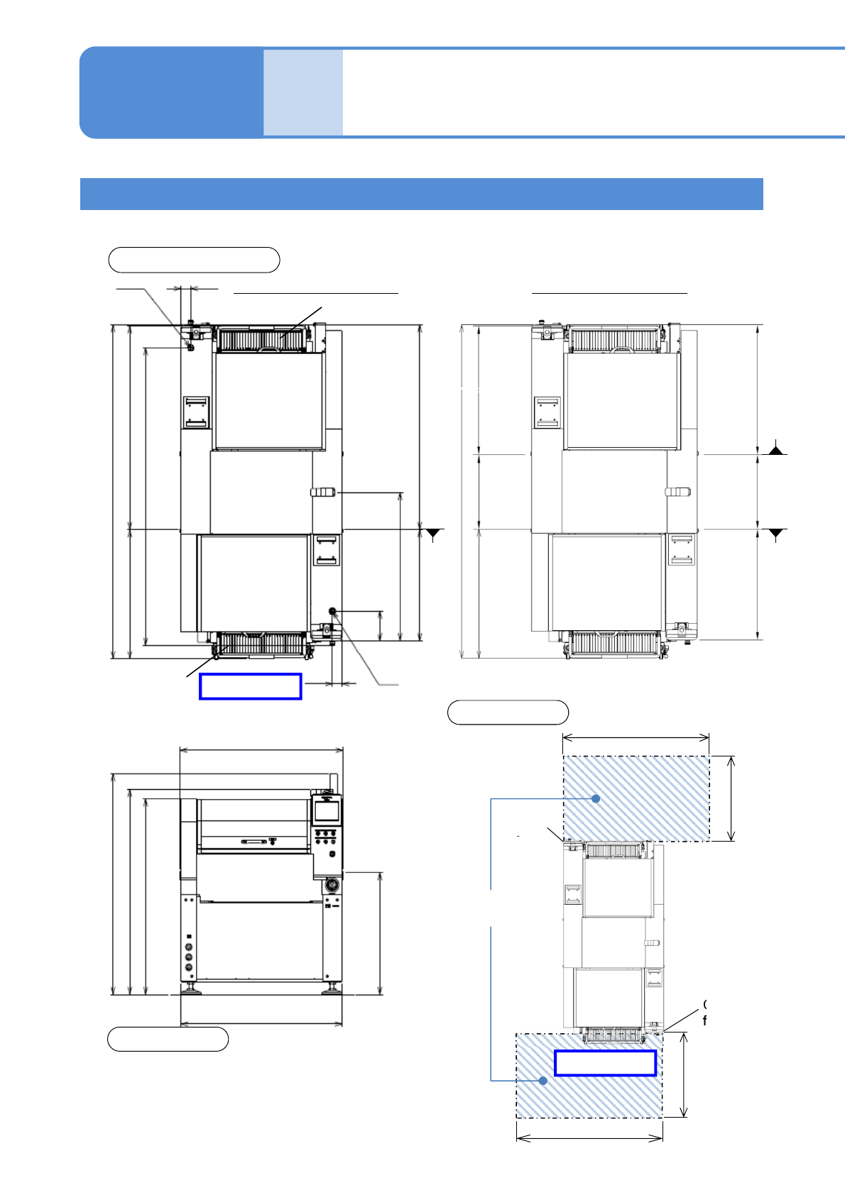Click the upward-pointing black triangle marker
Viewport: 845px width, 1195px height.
click(777, 448)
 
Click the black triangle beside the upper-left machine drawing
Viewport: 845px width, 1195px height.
click(433, 534)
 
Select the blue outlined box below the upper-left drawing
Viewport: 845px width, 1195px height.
click(251, 686)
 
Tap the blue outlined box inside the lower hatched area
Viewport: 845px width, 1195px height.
click(605, 1063)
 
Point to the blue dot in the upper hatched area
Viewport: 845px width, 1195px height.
click(596, 798)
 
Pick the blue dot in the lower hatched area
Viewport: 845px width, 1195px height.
click(543, 1081)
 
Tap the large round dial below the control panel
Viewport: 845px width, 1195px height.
click(330, 886)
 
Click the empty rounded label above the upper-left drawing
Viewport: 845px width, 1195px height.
click(194, 260)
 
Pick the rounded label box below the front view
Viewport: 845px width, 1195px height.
click(168, 1039)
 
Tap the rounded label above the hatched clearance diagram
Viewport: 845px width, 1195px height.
click(508, 712)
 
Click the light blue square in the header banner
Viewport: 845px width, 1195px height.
click(303, 92)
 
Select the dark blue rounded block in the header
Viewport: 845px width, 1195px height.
click(171, 92)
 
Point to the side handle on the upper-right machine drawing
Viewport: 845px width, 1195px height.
click(678, 492)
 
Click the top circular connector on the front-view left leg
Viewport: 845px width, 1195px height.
click(189, 947)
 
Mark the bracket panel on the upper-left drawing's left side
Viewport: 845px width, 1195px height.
click(196, 412)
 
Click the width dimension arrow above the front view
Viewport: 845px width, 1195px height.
click(261, 749)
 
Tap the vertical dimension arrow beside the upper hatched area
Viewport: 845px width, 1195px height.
click(731, 798)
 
